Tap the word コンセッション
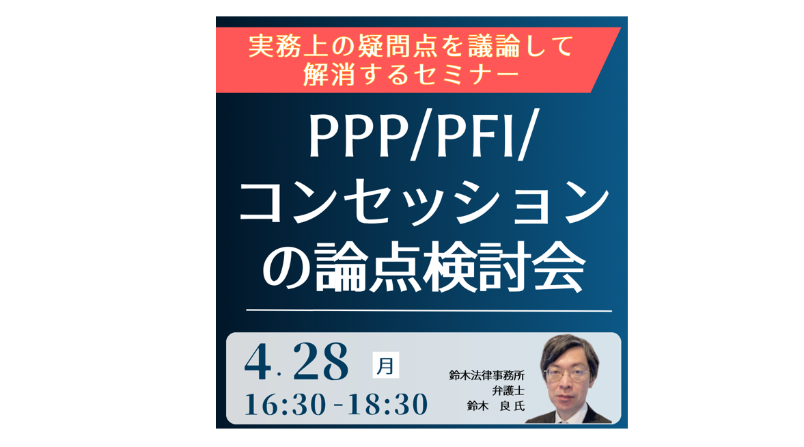click(424, 203)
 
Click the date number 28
click(321, 362)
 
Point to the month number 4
click(258, 362)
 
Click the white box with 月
click(385, 366)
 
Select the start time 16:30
click(285, 405)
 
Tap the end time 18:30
click(387, 405)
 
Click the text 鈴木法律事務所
click(486, 375)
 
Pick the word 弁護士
click(508, 390)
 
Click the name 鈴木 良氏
click(496, 406)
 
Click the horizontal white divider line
click(429, 310)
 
